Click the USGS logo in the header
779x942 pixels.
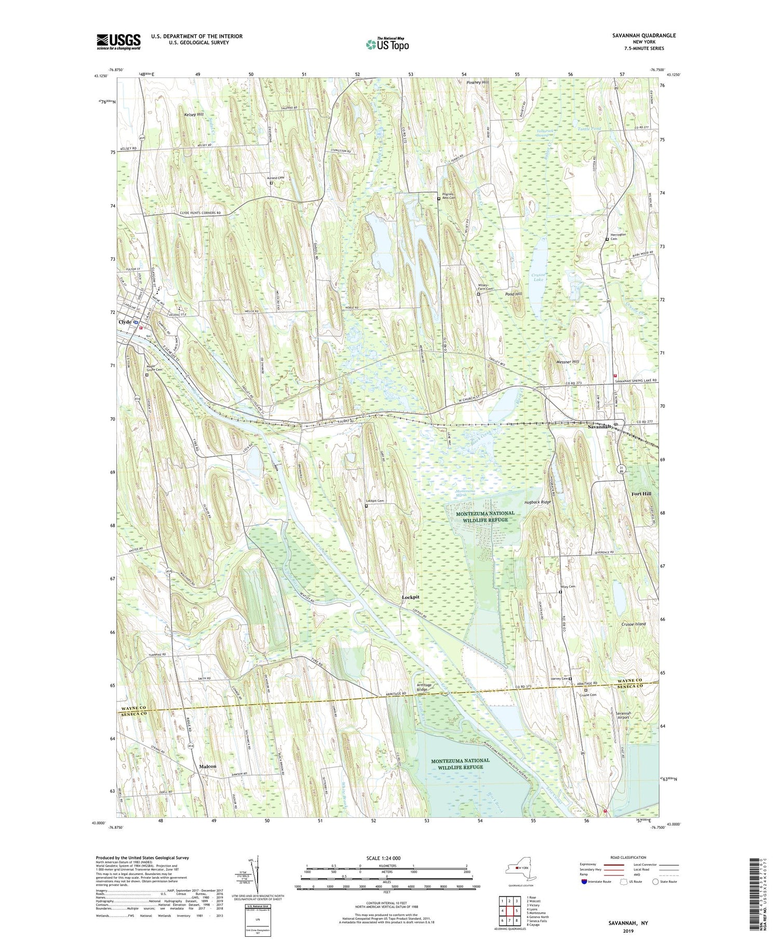click(x=118, y=42)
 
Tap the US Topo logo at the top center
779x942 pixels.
click(x=387, y=44)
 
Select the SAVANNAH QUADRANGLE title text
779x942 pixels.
click(x=644, y=35)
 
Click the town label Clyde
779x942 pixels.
click(x=125, y=322)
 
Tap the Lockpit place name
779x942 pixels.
click(x=410, y=598)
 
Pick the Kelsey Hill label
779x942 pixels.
click(x=193, y=114)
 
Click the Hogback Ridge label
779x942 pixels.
click(x=537, y=502)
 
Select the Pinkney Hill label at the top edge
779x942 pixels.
click(x=477, y=82)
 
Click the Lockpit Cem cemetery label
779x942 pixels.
click(x=374, y=501)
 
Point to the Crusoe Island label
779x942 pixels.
click(x=633, y=623)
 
